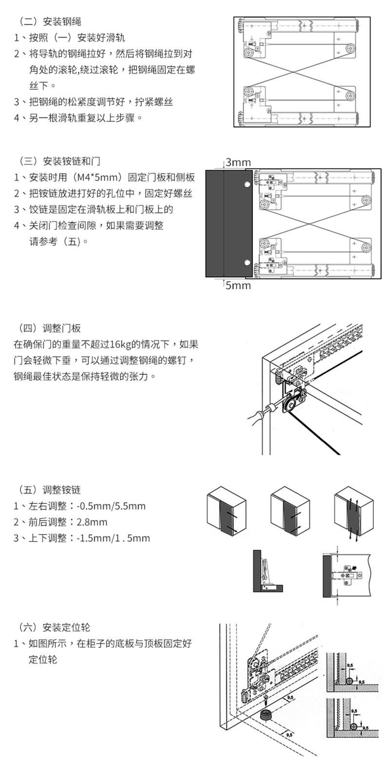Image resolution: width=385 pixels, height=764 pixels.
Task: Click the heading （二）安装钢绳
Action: (x=49, y=21)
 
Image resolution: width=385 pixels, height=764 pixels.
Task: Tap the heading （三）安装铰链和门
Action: (x=59, y=161)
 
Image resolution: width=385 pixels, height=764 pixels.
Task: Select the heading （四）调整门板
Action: (x=49, y=328)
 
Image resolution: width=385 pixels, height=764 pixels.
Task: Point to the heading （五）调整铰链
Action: (x=49, y=490)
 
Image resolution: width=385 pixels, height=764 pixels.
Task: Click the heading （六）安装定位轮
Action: (x=54, y=627)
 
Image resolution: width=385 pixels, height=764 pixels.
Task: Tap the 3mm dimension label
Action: (x=238, y=162)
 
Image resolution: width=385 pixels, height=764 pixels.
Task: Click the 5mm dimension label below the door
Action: (x=238, y=285)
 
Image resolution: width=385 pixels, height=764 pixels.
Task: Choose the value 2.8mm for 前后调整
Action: (x=92, y=522)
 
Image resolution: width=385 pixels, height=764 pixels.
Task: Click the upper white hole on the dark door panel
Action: (x=247, y=184)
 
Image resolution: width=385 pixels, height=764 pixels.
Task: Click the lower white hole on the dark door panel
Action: (x=247, y=263)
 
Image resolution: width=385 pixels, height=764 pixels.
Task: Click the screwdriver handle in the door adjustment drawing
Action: (x=256, y=416)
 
